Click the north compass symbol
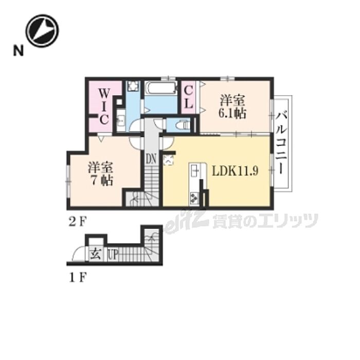(42, 31)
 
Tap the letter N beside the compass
(19, 50)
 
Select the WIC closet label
(104, 106)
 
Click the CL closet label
(189, 97)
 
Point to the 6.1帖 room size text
(232, 114)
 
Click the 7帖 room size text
(101, 181)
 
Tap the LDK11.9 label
(235, 171)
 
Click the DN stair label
(151, 158)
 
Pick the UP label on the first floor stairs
(113, 255)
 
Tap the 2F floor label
(77, 222)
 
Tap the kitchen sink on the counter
(194, 171)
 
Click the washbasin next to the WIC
(121, 120)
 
